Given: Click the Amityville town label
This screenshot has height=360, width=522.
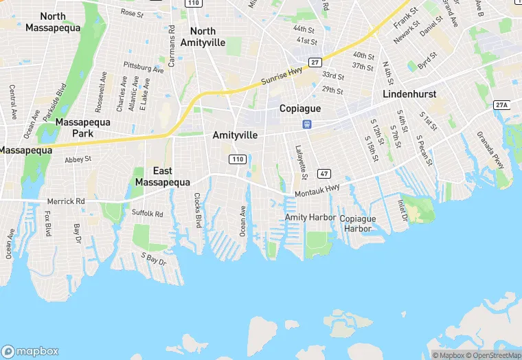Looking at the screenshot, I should (x=235, y=135).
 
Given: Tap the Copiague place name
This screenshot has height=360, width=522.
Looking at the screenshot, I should (x=301, y=109).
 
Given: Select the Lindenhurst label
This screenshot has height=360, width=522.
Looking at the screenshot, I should (x=409, y=93).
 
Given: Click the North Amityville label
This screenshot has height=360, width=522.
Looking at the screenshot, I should (x=203, y=36).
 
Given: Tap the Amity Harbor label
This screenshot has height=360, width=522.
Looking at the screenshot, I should (x=310, y=218).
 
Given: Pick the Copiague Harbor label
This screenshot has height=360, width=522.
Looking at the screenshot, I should (x=359, y=223).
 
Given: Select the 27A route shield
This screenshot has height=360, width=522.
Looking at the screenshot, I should (x=501, y=104).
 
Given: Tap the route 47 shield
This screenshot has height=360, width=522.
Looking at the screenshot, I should (x=325, y=174).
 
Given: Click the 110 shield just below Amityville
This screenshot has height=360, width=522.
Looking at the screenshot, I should (x=237, y=159).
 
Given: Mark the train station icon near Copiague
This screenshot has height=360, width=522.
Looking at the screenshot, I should (x=306, y=124).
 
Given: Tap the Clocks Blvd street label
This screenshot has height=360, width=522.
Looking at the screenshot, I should (x=197, y=210).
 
